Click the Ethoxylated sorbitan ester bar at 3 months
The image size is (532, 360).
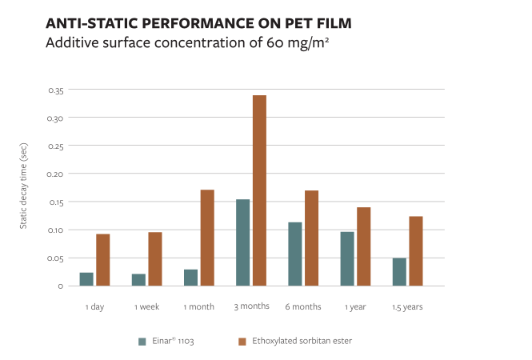[259, 190]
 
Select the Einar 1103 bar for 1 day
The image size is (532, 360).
[86, 279]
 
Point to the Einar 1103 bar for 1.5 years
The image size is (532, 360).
[399, 272]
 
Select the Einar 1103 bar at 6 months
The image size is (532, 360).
[295, 254]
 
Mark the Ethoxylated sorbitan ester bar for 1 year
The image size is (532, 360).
[364, 246]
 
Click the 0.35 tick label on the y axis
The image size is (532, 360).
[55, 90]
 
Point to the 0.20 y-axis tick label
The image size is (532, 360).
[55, 174]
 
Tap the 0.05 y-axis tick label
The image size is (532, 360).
[55, 258]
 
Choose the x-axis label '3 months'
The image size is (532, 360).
[251, 306]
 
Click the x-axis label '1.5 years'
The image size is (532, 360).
[407, 306]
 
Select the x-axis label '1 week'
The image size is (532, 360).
[147, 306]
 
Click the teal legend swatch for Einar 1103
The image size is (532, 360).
[142, 341]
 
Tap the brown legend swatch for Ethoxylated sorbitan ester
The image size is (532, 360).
[242, 341]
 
